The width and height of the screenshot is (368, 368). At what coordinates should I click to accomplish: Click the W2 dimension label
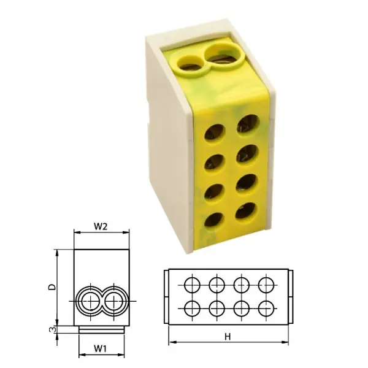[101, 226]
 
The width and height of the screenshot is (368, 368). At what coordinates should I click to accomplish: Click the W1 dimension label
[101, 349]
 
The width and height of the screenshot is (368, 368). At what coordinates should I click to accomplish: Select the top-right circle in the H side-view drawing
[266, 284]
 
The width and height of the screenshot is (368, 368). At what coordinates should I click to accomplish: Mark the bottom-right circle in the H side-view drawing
[266, 307]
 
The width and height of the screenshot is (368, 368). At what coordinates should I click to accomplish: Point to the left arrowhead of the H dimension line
[171, 341]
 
